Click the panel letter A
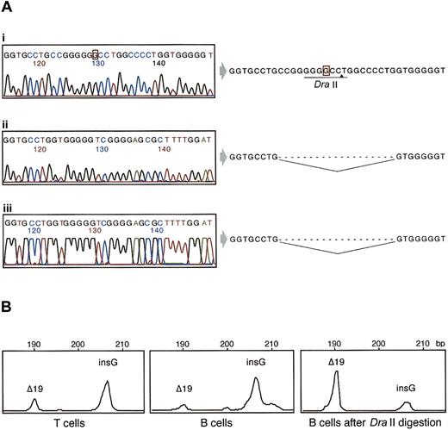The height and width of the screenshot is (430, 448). pyautogui.click(x=7, y=8)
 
